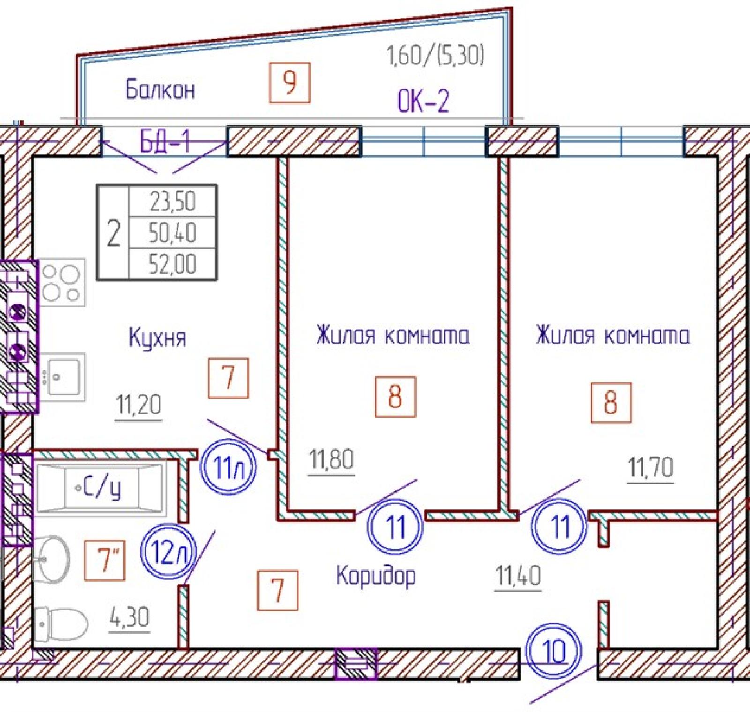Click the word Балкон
pos(160,89)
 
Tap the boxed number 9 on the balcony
pos(290,83)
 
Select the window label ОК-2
pos(423,100)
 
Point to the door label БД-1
pos(165,140)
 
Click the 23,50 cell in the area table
pos(172,201)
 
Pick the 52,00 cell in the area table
pos(172,264)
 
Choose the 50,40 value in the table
pos(172,233)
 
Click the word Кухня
pos(157,338)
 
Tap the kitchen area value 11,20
pos(139,405)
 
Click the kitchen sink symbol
pos(63,377)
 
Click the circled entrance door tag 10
pos(554,651)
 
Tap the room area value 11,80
pos(331,459)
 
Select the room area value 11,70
pos(650,467)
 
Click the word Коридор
pos(376,576)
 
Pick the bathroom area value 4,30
pos(129,618)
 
